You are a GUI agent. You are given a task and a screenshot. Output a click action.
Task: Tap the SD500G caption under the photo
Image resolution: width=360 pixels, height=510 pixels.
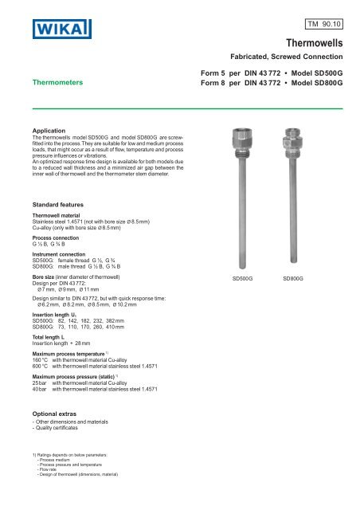(241, 279)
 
